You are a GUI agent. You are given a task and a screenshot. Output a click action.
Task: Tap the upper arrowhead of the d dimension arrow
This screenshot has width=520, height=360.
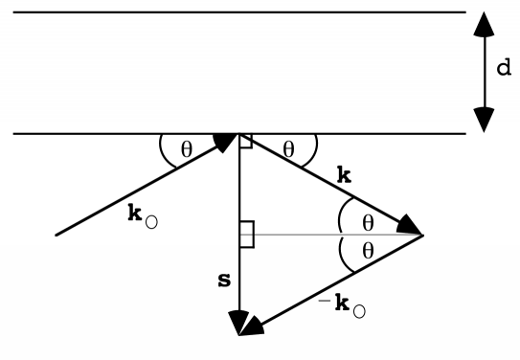pos(484,23)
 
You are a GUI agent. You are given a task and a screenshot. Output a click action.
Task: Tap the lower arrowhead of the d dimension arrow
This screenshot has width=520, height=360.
pos(484,120)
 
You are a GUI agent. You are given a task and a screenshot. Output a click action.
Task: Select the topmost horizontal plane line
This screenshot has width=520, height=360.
pos(230,11)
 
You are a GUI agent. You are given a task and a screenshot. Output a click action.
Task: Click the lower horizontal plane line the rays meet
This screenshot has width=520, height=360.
pos(115,132)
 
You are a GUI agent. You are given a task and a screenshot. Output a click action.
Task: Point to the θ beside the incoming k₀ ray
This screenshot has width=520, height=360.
pos(186,149)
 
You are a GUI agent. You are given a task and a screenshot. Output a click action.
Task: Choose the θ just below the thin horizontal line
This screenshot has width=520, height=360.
pos(368,253)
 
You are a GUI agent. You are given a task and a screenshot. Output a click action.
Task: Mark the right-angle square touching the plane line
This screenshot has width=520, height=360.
pos(246,141)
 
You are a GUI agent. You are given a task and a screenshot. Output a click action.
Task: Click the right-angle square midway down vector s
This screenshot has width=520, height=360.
pos(246,234)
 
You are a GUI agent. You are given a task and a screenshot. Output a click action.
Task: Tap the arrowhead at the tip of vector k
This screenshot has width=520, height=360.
pos(411,227)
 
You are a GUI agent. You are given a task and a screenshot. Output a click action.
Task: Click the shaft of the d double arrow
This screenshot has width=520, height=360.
pos(484,72)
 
